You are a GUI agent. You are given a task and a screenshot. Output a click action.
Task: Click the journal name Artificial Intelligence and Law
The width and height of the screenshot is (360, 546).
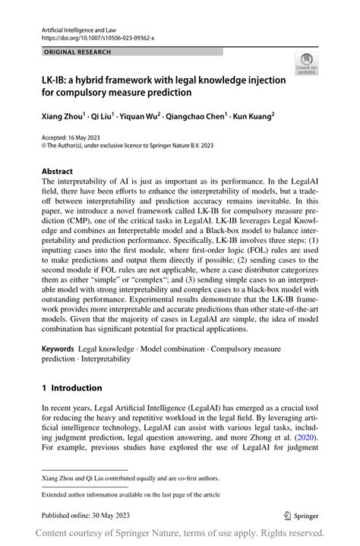(x=71, y=27)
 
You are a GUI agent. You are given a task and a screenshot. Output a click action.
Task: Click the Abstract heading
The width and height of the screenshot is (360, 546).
(x=58, y=172)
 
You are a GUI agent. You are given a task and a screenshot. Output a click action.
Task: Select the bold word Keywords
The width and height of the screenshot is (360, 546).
(x=58, y=346)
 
